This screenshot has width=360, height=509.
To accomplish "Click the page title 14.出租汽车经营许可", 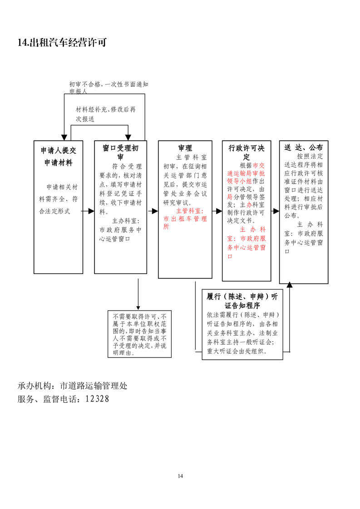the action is [62, 43].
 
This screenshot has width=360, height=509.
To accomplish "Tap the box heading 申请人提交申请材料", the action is [59, 157].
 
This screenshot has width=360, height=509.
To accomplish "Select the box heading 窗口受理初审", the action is [121, 152].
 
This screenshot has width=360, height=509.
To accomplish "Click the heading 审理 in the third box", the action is [185, 148].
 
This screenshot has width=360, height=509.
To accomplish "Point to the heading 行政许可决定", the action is [247, 152].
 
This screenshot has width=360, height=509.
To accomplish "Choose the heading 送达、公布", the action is [303, 148].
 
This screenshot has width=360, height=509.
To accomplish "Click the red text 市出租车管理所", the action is [185, 223].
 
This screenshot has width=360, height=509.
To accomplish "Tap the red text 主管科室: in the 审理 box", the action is [190, 211].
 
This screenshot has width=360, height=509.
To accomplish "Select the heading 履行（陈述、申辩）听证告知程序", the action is [242, 301].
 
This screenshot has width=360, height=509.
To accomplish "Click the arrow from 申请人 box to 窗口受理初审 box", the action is [89, 211].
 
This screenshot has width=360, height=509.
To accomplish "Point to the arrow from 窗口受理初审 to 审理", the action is [153, 211].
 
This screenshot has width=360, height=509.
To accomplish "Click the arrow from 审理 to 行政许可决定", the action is [217, 211].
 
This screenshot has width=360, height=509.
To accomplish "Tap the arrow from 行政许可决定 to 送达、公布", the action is [275, 211].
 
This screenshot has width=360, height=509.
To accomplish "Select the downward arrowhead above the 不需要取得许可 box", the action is [138, 308].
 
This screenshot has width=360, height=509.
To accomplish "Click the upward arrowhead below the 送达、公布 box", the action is [290, 285].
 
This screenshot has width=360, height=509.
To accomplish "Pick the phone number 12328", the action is [97, 399].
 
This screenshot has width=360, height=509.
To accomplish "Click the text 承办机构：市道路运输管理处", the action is [73, 386].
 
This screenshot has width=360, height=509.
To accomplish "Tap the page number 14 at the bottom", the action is [180, 476].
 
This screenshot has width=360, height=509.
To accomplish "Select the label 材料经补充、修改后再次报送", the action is [106, 114].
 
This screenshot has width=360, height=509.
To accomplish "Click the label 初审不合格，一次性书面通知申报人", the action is [108, 88].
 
